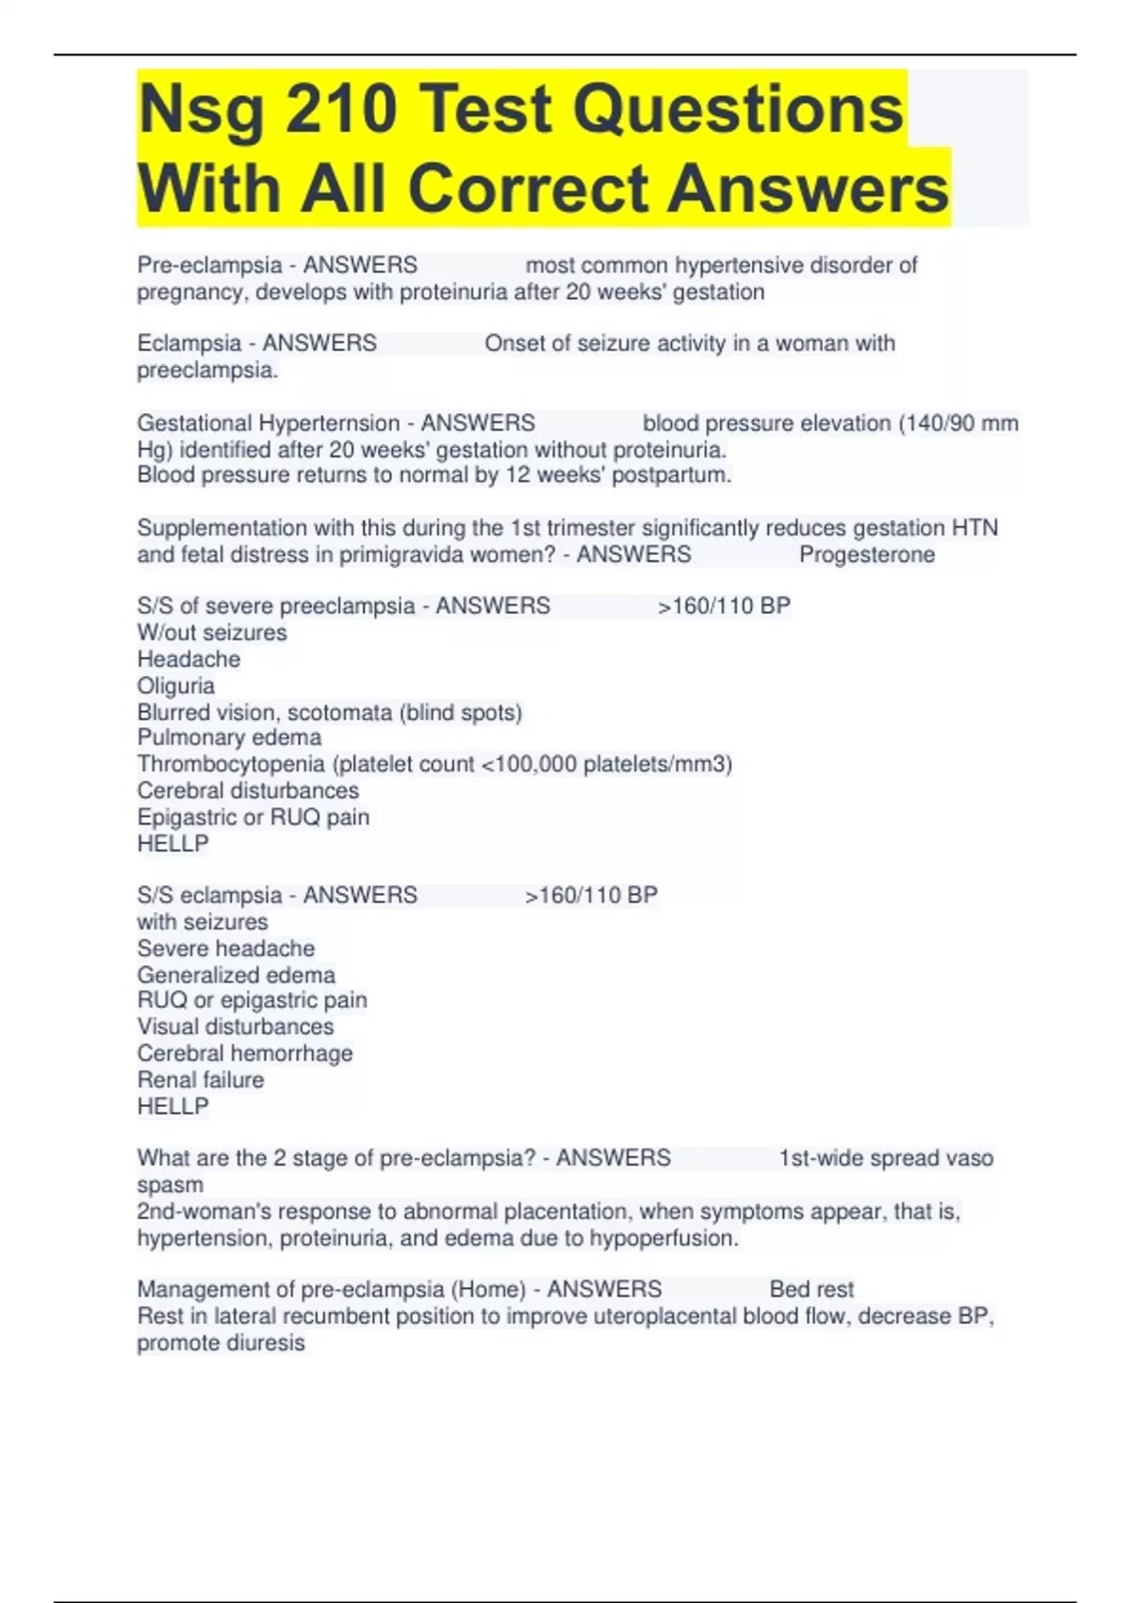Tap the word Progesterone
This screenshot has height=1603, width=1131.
tap(867, 554)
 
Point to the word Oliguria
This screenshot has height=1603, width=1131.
tap(176, 686)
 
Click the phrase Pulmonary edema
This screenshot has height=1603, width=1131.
tap(229, 737)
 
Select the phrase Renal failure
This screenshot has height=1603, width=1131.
tap(201, 1080)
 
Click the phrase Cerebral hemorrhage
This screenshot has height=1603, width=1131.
tap(245, 1053)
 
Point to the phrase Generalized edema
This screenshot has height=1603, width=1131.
tap(236, 974)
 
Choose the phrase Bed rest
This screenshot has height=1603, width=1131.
tap(811, 1289)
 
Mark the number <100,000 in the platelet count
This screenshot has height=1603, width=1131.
tap(529, 764)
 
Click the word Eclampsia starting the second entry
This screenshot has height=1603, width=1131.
tap(189, 343)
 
